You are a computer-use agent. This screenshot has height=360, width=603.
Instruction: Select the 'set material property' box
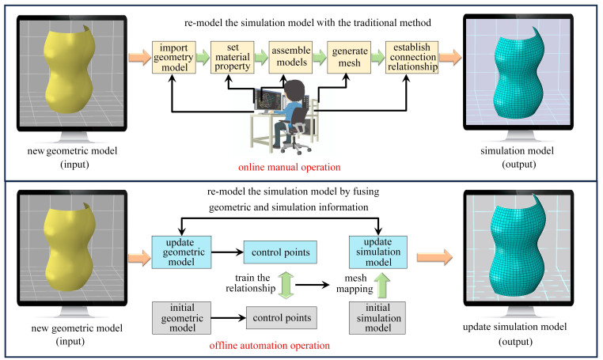[233, 56]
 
